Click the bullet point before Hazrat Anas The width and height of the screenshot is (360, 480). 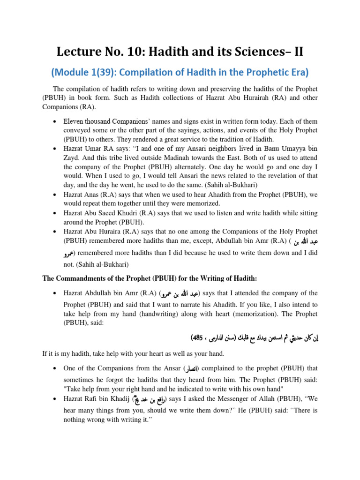(55, 194)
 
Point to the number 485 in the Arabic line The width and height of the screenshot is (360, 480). (198, 337)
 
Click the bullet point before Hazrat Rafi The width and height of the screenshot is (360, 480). (55, 399)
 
